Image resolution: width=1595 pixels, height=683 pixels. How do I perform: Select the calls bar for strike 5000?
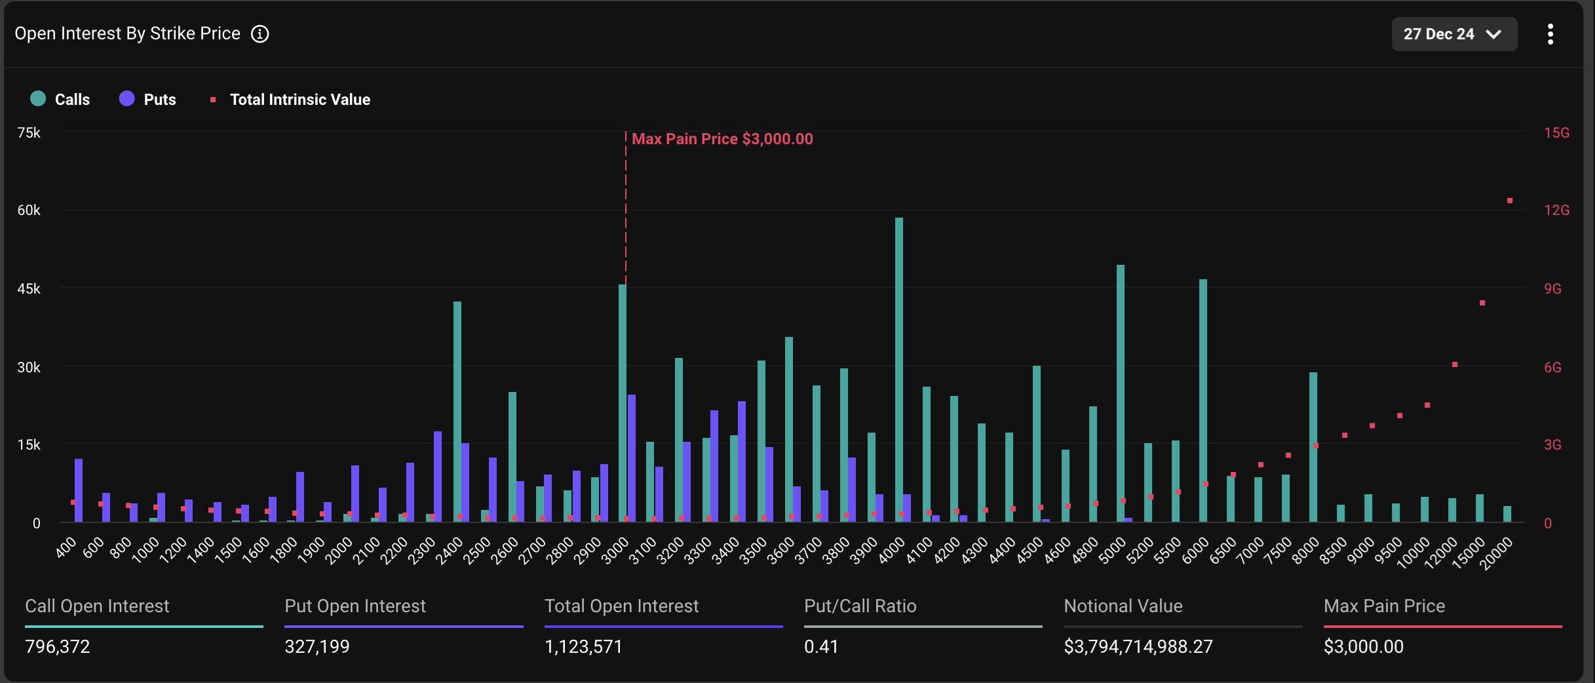pyautogui.click(x=1120, y=393)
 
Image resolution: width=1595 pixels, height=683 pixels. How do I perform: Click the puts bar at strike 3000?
pyautogui.click(x=631, y=458)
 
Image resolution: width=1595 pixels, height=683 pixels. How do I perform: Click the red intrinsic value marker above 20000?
pyautogui.click(x=1509, y=201)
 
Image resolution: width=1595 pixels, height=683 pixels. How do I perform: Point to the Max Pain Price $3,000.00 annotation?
pyautogui.click(x=721, y=139)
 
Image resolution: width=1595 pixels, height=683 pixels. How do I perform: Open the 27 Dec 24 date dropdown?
pyautogui.click(x=1453, y=34)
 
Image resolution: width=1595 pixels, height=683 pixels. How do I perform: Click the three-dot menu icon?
pyautogui.click(x=1550, y=34)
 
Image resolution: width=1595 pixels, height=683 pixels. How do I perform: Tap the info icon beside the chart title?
pyautogui.click(x=260, y=34)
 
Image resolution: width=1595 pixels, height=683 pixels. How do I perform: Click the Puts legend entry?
pyautogui.click(x=148, y=100)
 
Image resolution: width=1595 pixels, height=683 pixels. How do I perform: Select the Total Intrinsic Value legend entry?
pyautogui.click(x=291, y=100)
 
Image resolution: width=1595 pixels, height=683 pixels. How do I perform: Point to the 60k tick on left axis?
pyautogui.click(x=29, y=210)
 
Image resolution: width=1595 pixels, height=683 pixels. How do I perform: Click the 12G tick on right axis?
pyautogui.click(x=1556, y=210)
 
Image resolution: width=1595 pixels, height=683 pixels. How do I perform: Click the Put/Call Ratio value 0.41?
pyautogui.click(x=821, y=647)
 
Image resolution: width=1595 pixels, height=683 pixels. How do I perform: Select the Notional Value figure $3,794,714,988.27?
pyautogui.click(x=1138, y=647)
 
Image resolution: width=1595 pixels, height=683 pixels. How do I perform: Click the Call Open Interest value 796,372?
pyautogui.click(x=58, y=647)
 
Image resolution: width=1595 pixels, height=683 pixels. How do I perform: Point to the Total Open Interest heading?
pyautogui.click(x=621, y=606)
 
